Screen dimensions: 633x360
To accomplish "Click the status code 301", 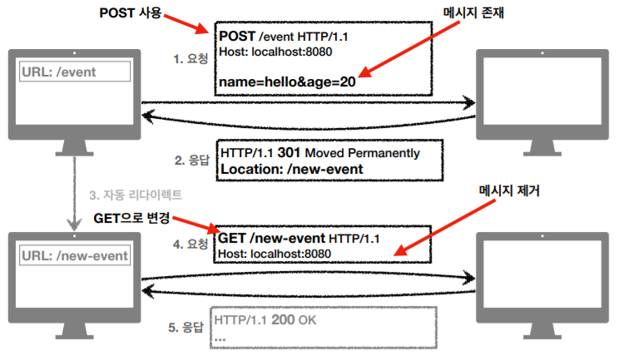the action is (288, 153).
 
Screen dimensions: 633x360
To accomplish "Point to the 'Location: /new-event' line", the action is (291, 169).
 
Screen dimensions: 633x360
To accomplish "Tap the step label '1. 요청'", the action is (190, 61).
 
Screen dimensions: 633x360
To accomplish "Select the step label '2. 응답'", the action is (190, 160).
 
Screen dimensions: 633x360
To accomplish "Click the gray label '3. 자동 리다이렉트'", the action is (135, 195).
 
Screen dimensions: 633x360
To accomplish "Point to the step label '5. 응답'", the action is (187, 327).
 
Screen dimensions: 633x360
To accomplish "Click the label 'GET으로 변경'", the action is (132, 218).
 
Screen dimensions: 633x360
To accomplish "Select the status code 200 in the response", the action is (282, 319).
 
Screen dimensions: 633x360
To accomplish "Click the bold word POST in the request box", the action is (237, 37).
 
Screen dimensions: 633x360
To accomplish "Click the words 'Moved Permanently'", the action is (363, 153).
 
